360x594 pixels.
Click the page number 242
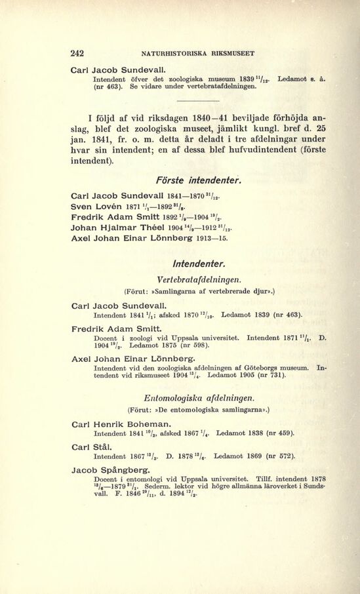[79, 53]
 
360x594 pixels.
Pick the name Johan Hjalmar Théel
[118, 229]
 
